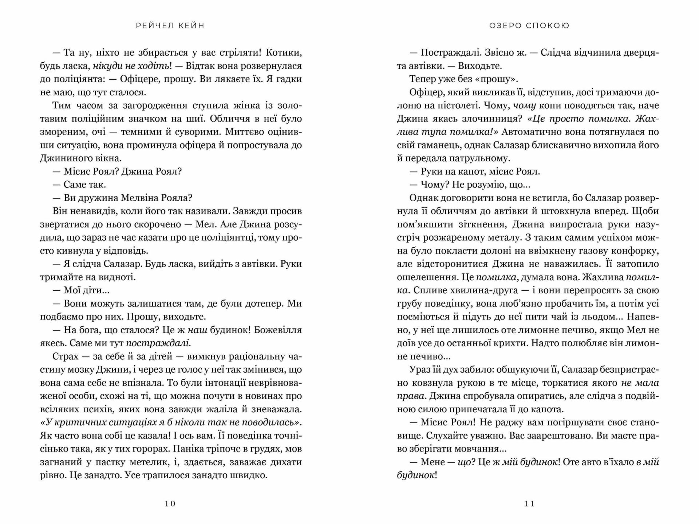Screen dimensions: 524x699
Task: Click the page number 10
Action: point(170,504)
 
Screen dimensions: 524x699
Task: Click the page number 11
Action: point(529,504)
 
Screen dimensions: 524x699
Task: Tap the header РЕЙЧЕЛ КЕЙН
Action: point(170,25)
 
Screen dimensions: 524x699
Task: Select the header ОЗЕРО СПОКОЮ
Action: point(529,25)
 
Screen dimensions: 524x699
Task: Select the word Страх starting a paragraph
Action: point(66,356)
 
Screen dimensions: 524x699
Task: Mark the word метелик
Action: point(139,462)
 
